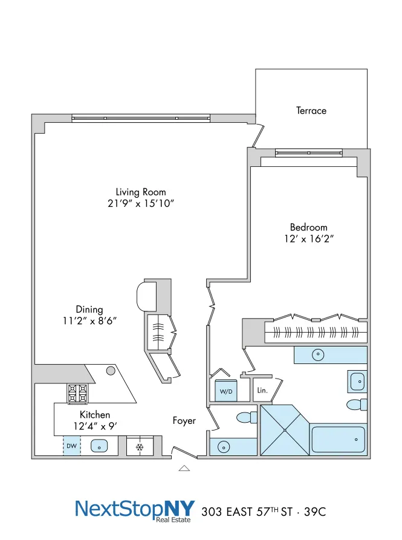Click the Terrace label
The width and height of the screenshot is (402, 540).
[311, 111]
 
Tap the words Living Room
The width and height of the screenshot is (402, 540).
[141, 192]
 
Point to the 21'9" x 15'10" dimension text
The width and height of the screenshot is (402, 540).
[141, 204]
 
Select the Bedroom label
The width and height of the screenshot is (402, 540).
[308, 227]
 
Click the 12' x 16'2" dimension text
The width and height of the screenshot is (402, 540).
[308, 239]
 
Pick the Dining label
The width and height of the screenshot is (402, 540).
[89, 310]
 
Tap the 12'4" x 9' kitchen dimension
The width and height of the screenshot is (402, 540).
[95, 426]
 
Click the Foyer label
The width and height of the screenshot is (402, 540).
[184, 420]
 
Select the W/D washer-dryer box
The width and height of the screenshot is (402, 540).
[226, 391]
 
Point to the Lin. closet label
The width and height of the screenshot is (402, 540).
[263, 390]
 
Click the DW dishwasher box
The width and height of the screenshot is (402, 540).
[71, 446]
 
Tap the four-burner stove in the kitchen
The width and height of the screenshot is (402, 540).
[77, 393]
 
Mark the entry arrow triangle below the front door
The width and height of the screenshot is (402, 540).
[184, 467]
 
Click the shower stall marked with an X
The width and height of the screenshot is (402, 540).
[284, 429]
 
